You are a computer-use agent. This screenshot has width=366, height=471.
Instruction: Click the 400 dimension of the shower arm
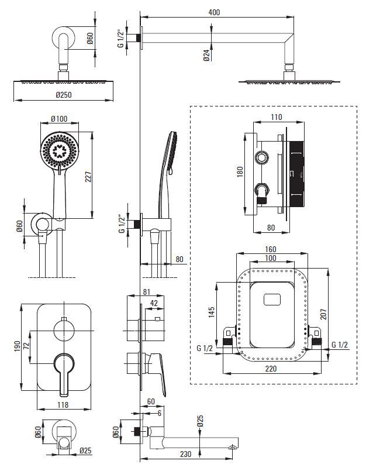coord(214,12)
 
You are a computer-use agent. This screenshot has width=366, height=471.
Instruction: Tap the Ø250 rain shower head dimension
coord(64,95)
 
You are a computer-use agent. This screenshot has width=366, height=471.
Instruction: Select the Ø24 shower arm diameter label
coord(206,56)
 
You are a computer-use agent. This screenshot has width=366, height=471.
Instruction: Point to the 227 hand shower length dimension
coord(88,177)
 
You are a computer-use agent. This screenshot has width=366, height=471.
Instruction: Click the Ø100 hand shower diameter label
coord(59,118)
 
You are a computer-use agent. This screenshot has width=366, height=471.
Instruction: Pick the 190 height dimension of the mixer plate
coord(17,346)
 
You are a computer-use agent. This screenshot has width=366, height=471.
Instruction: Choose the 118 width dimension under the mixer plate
coord(63,405)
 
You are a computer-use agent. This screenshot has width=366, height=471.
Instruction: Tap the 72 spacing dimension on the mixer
coord(26,346)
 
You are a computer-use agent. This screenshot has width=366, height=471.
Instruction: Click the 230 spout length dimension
coord(185,453)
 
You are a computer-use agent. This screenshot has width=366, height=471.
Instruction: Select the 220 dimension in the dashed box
coord(271,369)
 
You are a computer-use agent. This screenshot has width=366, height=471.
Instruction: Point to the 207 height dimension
coord(323,314)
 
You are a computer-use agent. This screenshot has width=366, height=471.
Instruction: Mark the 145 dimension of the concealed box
coord(212,312)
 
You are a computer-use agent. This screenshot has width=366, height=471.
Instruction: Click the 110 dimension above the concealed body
coord(276,117)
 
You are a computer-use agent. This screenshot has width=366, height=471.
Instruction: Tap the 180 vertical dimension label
coord(240,172)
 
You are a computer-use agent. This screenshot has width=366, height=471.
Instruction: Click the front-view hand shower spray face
coord(60,151)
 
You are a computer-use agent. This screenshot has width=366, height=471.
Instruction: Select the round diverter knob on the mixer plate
coord(64,330)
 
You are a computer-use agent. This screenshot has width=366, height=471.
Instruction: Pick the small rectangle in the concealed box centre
coord(272,300)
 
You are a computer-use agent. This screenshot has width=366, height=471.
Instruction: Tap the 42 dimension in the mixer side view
coord(154,303)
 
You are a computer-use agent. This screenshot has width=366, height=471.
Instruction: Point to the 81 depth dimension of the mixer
coord(147,292)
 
